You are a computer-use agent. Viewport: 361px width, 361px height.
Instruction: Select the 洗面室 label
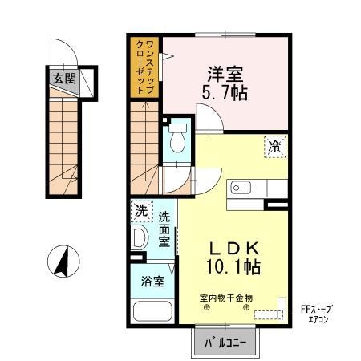pyautogui.click(x=164, y=229)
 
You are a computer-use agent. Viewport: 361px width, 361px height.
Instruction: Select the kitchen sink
pyautogui.click(x=241, y=188)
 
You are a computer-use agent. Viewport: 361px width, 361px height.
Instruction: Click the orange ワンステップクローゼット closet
pyautogui.click(x=146, y=67)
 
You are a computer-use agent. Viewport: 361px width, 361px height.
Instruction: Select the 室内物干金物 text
pyautogui.click(x=225, y=297)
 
